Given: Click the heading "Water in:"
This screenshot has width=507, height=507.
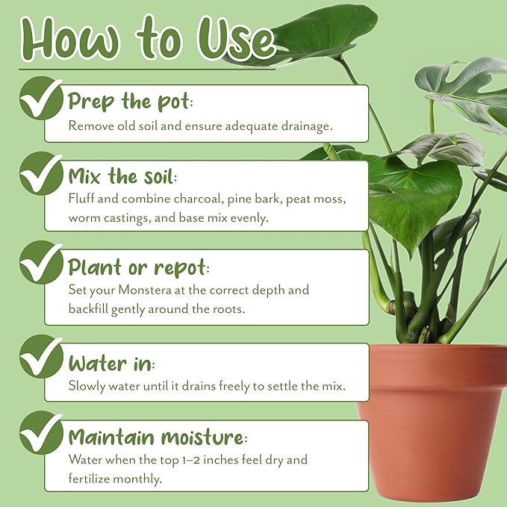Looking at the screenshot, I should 111,364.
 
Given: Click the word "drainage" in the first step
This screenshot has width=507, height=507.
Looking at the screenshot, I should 305,126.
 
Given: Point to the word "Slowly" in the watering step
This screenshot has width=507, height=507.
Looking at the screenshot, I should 87,386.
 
